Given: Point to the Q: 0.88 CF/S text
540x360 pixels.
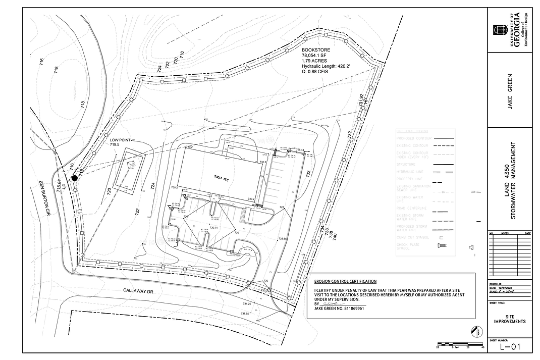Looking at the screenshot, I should pyautogui.click(x=315, y=72).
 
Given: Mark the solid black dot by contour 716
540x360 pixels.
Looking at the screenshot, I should pyautogui.click(x=75, y=178).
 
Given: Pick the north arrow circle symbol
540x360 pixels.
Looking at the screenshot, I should pyautogui.click(x=474, y=331).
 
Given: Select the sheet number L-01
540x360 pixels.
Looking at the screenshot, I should pyautogui.click(x=510, y=347).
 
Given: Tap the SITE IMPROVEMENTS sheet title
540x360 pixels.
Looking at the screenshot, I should pyautogui.click(x=510, y=319).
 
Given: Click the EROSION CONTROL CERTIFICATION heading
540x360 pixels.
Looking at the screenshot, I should pyautogui.click(x=345, y=281).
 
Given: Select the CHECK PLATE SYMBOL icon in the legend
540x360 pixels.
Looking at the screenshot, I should pyautogui.click(x=441, y=246).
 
